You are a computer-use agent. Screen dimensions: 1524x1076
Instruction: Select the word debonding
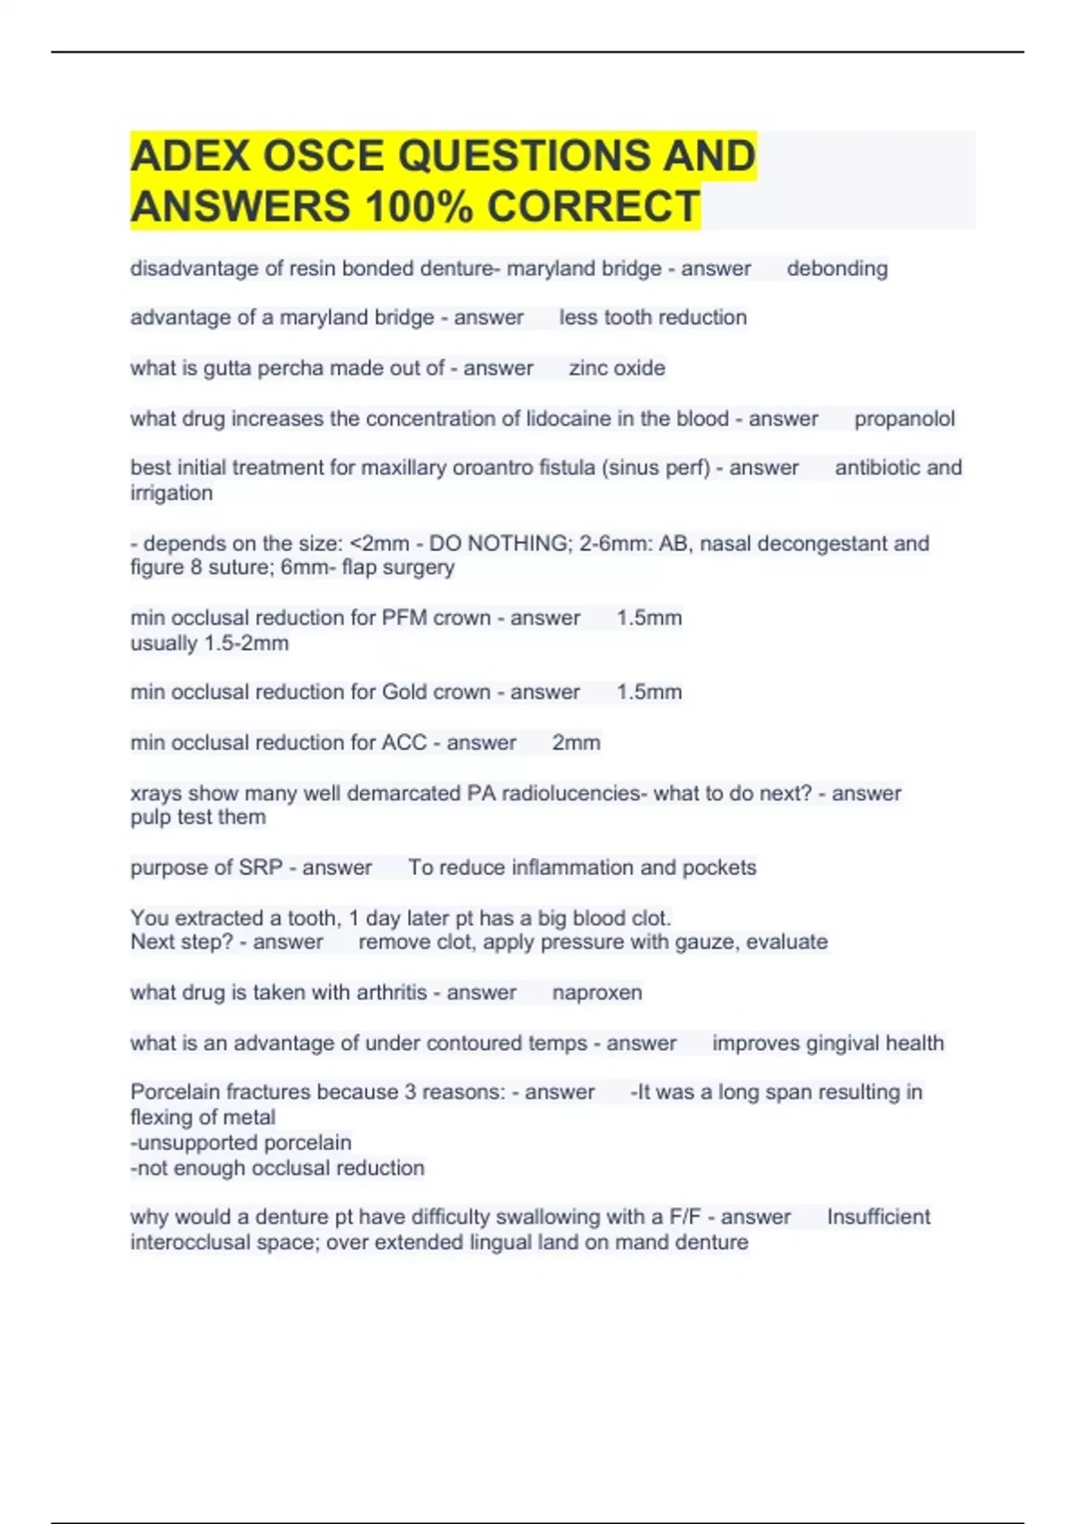click(837, 268)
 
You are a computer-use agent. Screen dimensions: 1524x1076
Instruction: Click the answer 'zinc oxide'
click(617, 368)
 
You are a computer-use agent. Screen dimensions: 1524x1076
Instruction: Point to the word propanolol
click(904, 419)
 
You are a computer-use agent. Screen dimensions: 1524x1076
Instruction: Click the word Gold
click(404, 692)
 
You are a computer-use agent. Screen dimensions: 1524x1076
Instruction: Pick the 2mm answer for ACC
click(576, 742)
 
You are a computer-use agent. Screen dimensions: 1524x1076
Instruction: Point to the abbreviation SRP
click(260, 868)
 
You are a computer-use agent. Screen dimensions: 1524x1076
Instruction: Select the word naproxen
click(596, 992)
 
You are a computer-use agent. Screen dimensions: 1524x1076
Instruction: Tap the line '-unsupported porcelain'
click(240, 1143)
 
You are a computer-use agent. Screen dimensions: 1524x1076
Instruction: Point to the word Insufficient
click(878, 1217)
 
